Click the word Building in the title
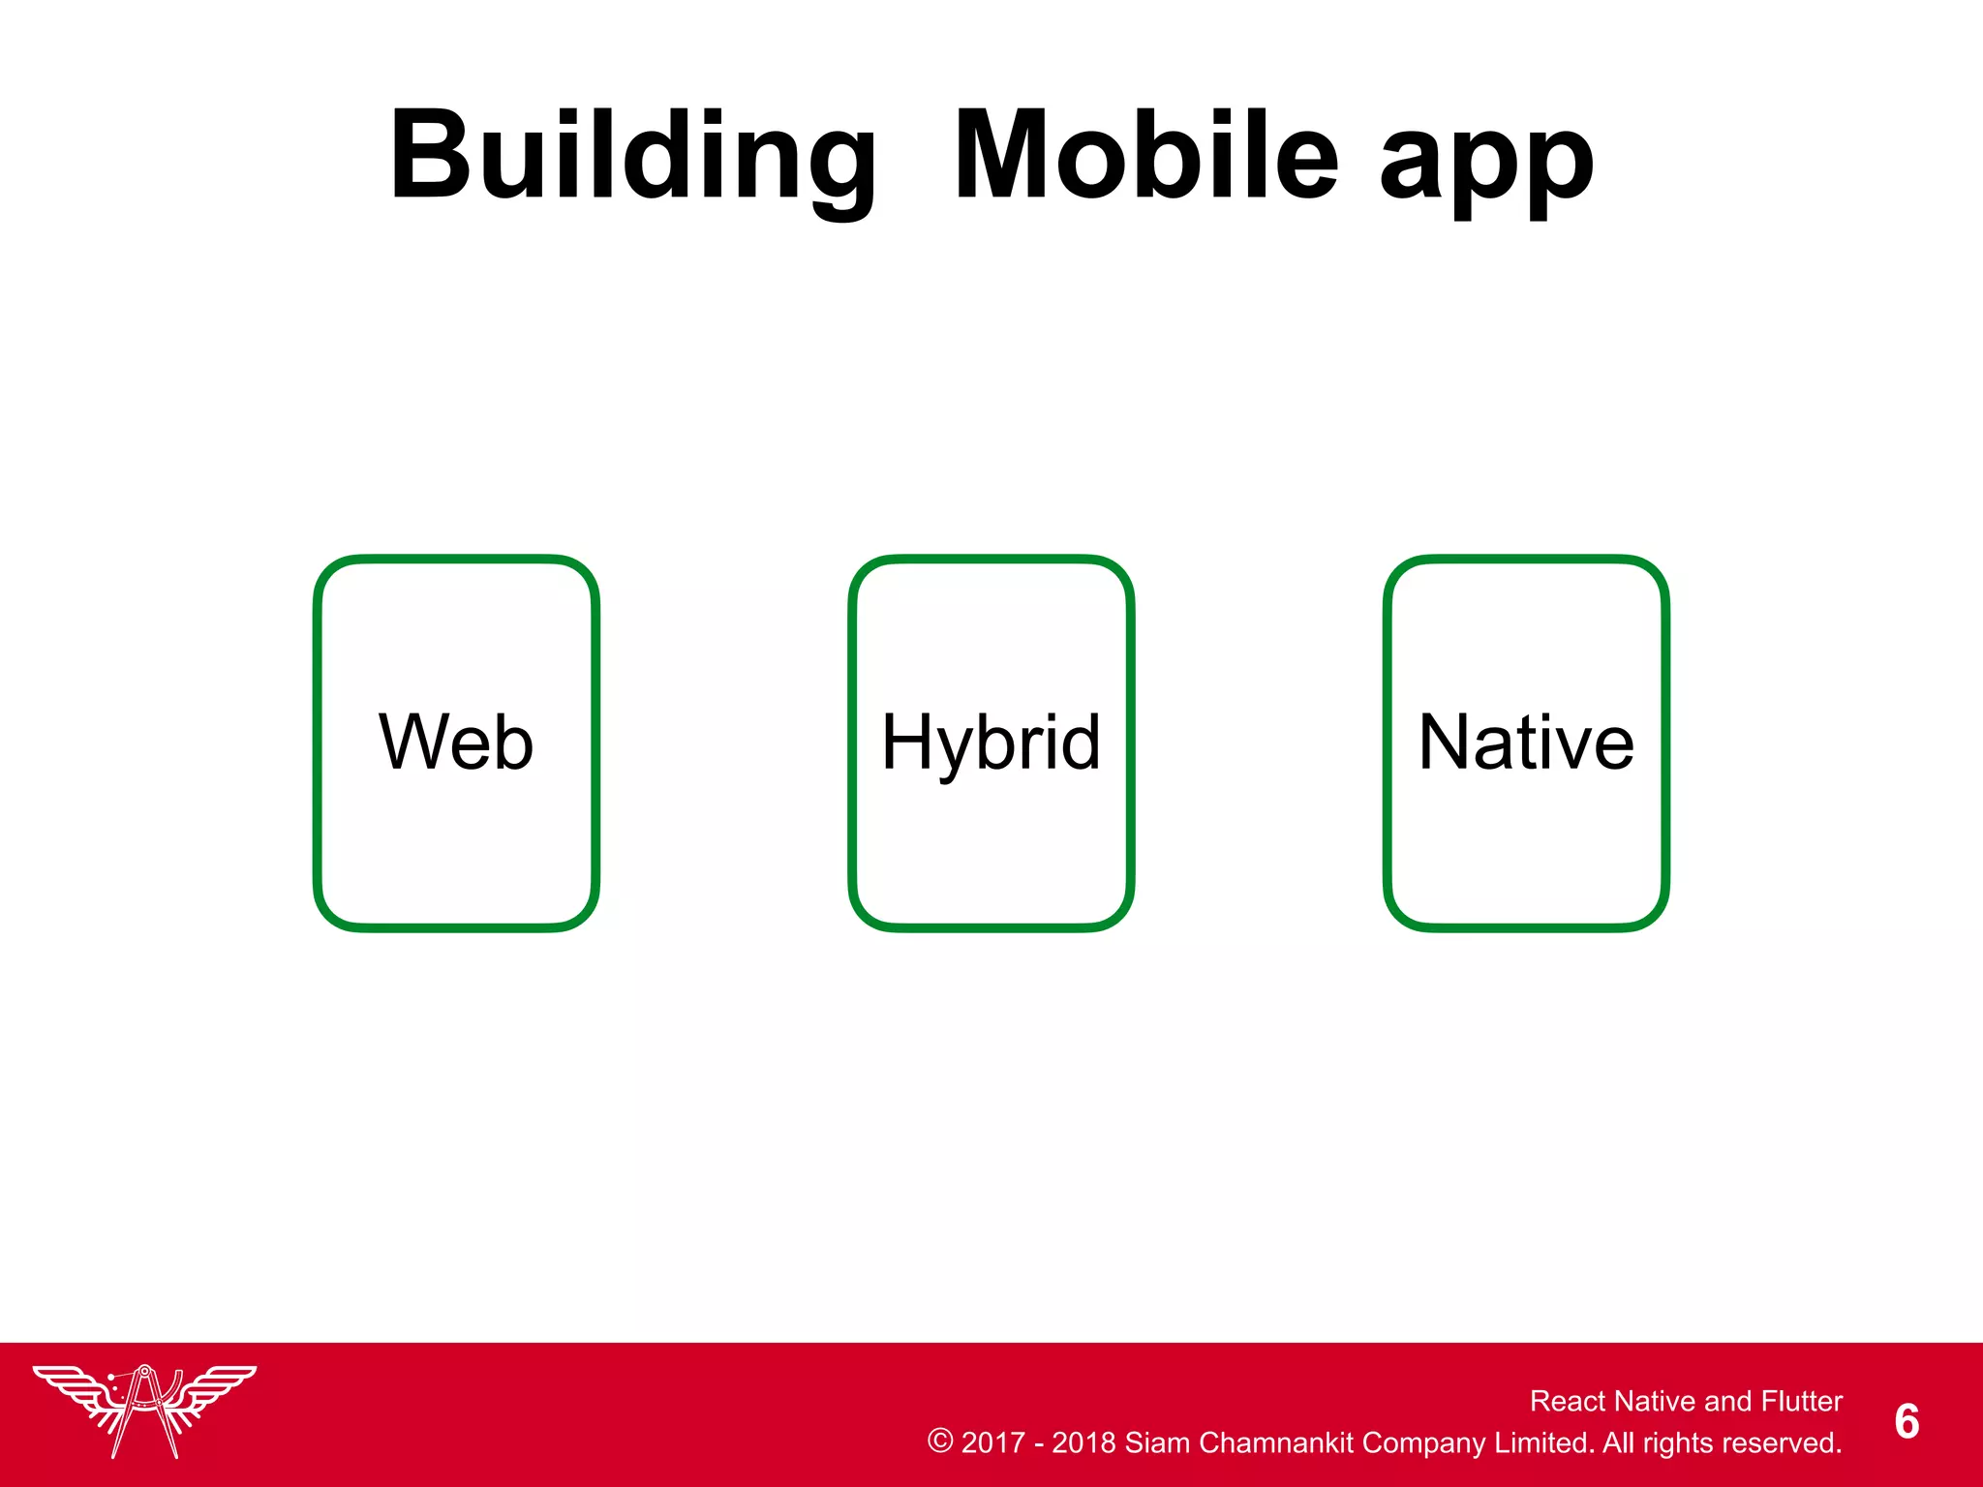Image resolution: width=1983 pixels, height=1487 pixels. click(633, 157)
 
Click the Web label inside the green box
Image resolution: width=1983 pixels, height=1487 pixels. click(456, 743)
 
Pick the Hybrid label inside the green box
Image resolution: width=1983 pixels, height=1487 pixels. click(991, 743)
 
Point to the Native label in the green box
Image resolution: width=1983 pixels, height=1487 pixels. click(1526, 743)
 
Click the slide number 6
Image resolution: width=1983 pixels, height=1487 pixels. click(1907, 1421)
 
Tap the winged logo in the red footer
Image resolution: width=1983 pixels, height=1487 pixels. click(144, 1410)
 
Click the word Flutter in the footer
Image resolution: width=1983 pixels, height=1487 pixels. click(1802, 1401)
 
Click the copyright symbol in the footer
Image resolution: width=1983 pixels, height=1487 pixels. click(939, 1441)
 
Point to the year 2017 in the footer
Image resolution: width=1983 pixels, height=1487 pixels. click(992, 1442)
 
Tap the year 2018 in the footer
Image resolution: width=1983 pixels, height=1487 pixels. click(1083, 1442)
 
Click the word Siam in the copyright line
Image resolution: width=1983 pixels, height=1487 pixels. click(1156, 1442)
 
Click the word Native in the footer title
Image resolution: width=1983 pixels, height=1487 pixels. click(1655, 1401)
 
